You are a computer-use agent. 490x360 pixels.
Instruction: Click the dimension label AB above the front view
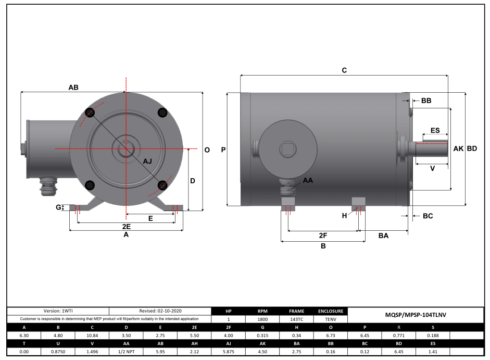point(73,88)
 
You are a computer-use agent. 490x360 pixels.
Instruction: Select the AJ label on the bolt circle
point(147,162)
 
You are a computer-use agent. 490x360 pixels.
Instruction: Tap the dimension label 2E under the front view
point(126,227)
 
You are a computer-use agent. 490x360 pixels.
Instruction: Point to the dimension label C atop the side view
point(344,70)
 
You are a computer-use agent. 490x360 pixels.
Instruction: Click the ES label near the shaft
point(435,130)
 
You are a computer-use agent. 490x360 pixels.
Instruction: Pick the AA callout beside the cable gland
point(308,180)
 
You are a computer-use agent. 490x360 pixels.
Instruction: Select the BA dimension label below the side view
point(383,236)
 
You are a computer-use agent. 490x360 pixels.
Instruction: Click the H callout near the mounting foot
point(344,215)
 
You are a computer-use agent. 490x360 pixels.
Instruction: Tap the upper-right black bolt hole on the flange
point(162,113)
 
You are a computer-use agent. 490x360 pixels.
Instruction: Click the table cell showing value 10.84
point(91,336)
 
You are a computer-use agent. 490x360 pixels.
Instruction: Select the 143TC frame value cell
point(296,319)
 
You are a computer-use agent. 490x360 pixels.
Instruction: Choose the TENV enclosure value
point(330,319)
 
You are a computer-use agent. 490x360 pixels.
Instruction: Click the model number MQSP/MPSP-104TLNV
point(416,315)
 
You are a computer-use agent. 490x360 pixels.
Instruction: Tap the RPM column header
point(262,311)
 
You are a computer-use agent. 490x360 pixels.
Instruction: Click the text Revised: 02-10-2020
point(160,311)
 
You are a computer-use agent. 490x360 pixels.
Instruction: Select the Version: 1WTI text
point(57,311)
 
